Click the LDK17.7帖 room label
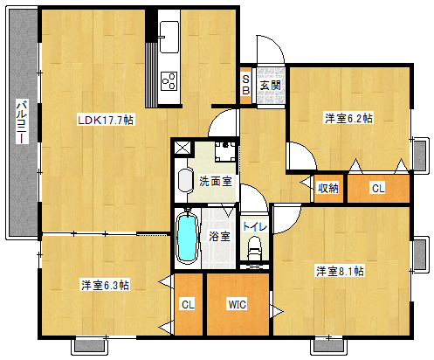pos(106,120)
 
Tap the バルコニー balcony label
pos(22,121)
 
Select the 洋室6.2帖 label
pos(348,119)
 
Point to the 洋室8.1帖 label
pos(340,271)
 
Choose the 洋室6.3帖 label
pos(105,285)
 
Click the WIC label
pos(238,304)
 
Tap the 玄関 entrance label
pos(270,86)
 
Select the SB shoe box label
pos(246,85)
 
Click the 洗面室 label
pos(216,181)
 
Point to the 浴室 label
pos(219,236)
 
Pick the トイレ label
pos(255,226)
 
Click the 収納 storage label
pos(327,188)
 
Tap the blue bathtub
pos(187,238)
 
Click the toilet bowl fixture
pos(255,248)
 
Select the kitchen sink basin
pos(169,37)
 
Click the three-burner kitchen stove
pos(169,81)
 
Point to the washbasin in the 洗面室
pos(185,181)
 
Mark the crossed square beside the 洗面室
pos(183,148)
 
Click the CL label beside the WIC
pos(188,305)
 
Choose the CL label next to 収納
pos(378,188)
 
